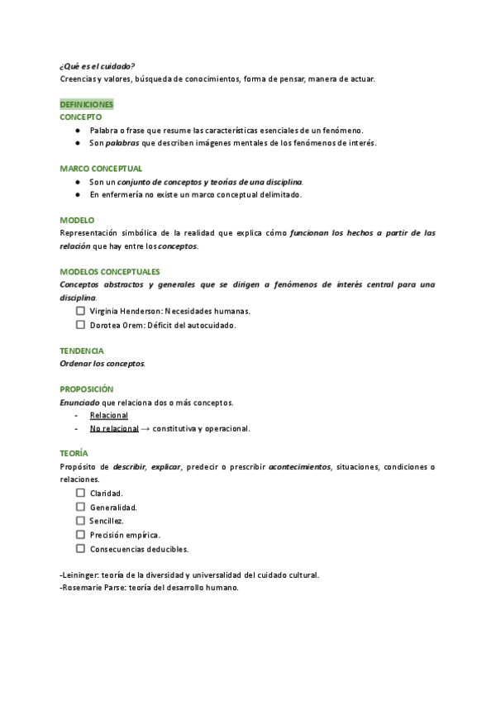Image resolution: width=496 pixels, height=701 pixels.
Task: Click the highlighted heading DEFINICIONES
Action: click(86, 105)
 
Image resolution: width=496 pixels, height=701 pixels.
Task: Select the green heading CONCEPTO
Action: click(80, 118)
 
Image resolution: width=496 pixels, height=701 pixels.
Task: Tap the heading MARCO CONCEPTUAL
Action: click(101, 169)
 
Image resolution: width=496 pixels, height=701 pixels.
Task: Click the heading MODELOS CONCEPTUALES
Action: click(110, 272)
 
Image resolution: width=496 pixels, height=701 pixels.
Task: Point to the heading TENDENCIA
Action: click(82, 350)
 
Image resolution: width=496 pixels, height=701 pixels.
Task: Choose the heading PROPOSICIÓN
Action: click(87, 389)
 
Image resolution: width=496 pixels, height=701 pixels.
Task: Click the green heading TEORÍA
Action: click(74, 454)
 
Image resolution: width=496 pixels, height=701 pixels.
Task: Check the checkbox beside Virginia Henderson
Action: click(81, 311)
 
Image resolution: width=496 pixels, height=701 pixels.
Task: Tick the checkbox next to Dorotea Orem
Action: click(81, 325)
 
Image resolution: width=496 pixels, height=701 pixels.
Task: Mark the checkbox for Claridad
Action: click(81, 493)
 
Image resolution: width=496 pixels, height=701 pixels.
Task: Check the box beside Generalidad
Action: click(81, 507)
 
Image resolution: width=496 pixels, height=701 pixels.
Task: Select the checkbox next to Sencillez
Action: click(81, 521)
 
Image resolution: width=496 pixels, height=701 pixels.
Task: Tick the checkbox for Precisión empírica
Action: click(81, 535)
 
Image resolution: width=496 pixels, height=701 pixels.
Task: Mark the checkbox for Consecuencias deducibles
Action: click(81, 548)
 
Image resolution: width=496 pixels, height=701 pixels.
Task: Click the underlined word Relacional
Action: click(109, 416)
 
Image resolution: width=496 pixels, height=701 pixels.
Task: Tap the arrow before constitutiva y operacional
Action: click(145, 429)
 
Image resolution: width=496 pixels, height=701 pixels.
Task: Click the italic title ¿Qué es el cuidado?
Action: click(98, 66)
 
